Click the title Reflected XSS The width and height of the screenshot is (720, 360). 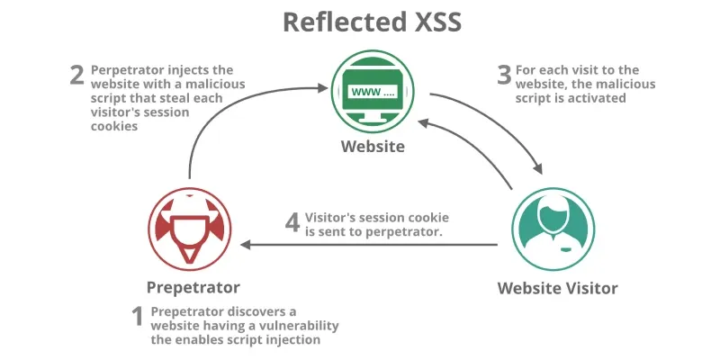tap(360, 22)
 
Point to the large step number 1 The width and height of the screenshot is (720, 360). tap(138, 316)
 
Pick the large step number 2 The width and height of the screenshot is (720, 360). tap(77, 74)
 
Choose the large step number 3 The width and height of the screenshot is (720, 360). tap(504, 74)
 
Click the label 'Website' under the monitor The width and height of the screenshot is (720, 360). tap(366, 147)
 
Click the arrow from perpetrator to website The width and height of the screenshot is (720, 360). tap(225, 117)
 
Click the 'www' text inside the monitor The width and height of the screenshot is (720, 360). tap(358, 91)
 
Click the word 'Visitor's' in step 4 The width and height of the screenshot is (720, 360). tap(332, 218)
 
